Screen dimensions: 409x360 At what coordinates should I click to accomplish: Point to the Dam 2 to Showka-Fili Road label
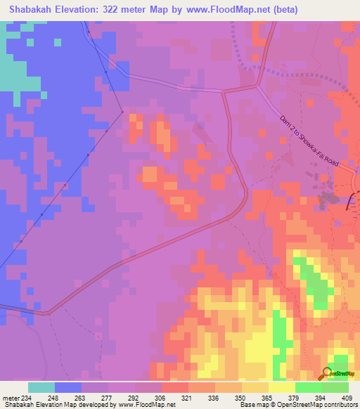coord(309,141)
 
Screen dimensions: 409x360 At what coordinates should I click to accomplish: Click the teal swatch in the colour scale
coord(41,387)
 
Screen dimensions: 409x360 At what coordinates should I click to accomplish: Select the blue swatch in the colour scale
coord(68,387)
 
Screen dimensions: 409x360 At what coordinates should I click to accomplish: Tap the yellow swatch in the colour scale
coord(282,387)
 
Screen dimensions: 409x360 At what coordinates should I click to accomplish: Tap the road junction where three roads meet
coord(257,86)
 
